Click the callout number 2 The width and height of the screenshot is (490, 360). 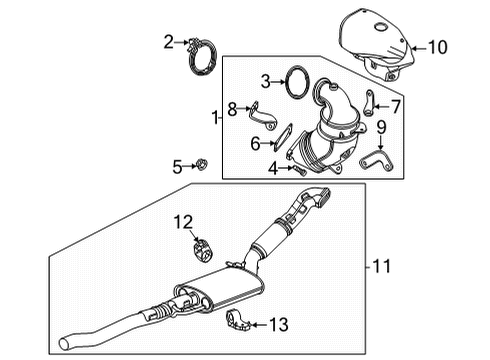click(169, 41)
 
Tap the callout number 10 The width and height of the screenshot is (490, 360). click(438, 46)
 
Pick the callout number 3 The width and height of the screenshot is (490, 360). click(265, 81)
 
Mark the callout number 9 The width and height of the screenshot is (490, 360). click(381, 127)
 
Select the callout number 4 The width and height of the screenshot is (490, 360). click(273, 168)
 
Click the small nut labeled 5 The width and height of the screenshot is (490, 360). click(202, 165)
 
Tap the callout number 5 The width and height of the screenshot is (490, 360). click(177, 166)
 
